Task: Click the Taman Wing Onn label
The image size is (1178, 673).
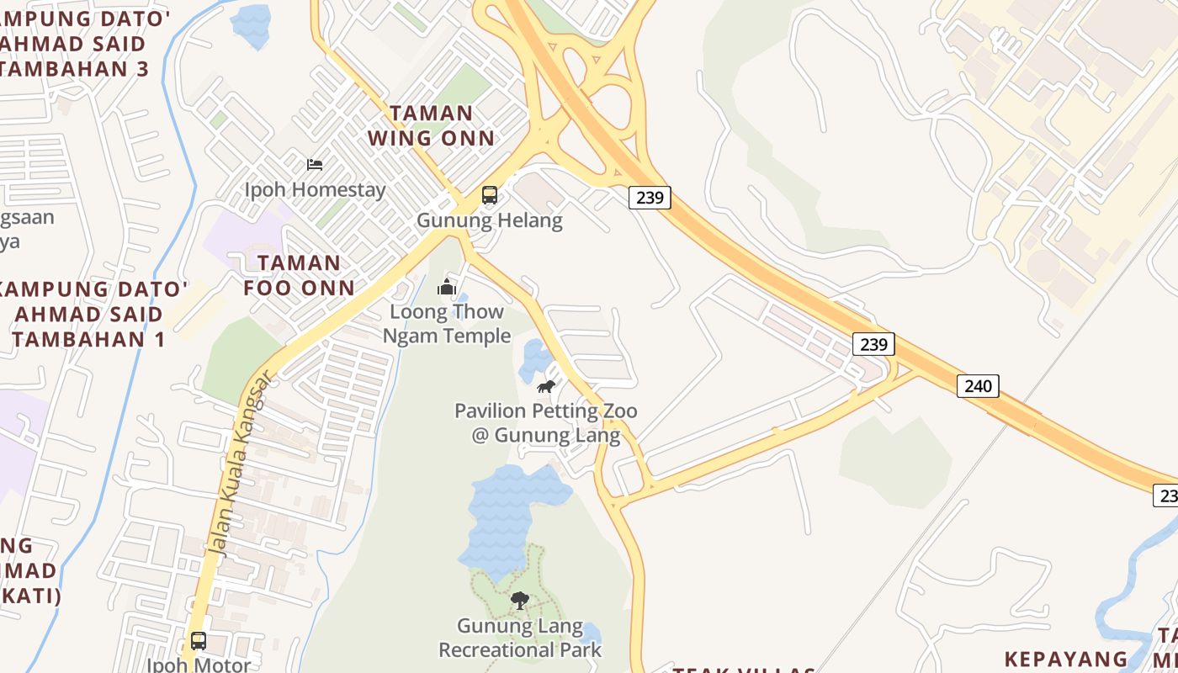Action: [432, 125]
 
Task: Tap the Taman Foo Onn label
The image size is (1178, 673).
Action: [299, 275]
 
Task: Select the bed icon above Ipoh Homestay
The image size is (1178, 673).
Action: [315, 164]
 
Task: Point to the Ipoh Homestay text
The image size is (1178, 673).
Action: [315, 189]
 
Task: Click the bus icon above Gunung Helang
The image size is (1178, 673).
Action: [489, 195]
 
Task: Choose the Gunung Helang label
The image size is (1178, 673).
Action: [489, 220]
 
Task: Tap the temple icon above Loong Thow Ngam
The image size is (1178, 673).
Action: [446, 288]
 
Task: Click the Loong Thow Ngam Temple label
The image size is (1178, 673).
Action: [446, 324]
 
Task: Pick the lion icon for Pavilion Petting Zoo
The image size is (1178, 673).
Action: [546, 387]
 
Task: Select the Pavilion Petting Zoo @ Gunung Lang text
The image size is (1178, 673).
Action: [545, 423]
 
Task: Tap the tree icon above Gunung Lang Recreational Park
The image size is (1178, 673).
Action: [519, 601]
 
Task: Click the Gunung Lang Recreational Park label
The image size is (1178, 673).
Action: [519, 638]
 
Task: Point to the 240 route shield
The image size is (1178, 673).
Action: [977, 386]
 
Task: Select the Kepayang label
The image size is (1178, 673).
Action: [1066, 658]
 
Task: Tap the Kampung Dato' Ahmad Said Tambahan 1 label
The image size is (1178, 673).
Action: [88, 314]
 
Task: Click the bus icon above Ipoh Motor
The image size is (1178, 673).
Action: [198, 641]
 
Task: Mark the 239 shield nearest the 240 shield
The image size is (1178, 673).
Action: [873, 344]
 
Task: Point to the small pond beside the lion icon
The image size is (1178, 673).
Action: [535, 359]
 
